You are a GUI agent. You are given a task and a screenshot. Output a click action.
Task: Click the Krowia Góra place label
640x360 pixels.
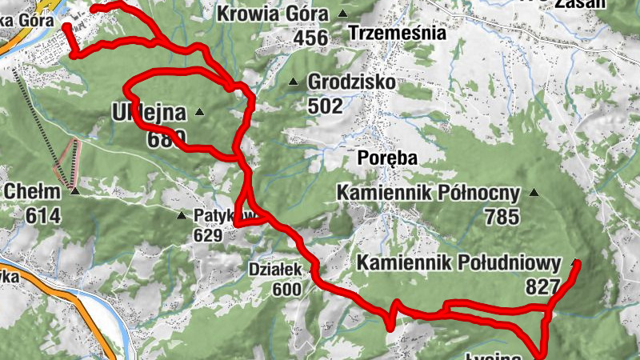coord(272,14)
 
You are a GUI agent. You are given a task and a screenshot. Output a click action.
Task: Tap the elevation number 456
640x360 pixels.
coord(311,38)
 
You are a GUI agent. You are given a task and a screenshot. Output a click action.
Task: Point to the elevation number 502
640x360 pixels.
coord(325,106)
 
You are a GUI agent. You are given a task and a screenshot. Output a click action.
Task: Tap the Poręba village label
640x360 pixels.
coord(388,158)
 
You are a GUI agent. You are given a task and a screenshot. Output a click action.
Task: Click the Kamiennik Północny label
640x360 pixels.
coord(428,193)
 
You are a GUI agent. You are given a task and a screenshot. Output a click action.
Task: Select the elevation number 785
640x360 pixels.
coord(502,216)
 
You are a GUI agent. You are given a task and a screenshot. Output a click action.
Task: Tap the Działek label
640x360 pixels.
coord(275,270)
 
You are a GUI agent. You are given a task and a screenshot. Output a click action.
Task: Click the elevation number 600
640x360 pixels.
coord(286,290)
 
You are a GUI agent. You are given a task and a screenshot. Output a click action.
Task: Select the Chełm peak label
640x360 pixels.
coord(32,191)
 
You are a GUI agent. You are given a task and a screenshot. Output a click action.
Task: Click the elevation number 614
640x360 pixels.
coord(43,215)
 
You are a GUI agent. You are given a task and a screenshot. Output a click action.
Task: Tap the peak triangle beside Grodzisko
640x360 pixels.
coord(294,82)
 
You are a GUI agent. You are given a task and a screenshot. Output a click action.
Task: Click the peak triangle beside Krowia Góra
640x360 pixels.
coord(343,14)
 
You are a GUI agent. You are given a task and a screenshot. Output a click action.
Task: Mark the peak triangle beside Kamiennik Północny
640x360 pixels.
coord(534,193)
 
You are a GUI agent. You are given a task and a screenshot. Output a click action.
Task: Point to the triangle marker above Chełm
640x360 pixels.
coord(74,191)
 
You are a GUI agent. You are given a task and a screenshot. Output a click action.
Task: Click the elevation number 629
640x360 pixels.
coord(210,235)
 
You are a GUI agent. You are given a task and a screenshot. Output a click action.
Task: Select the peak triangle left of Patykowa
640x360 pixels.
coord(182,214)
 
